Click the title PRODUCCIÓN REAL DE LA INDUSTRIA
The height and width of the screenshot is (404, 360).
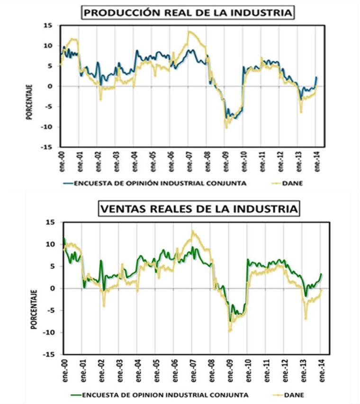[x=188, y=12]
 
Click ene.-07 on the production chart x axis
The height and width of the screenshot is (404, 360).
[x=189, y=160]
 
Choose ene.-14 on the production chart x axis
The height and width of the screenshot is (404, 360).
[x=316, y=160]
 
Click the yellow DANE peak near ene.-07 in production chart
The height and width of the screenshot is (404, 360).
[x=189, y=32]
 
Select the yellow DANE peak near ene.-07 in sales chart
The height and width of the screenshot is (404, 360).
[x=193, y=231]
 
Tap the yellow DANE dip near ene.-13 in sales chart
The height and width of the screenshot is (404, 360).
[x=306, y=318]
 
